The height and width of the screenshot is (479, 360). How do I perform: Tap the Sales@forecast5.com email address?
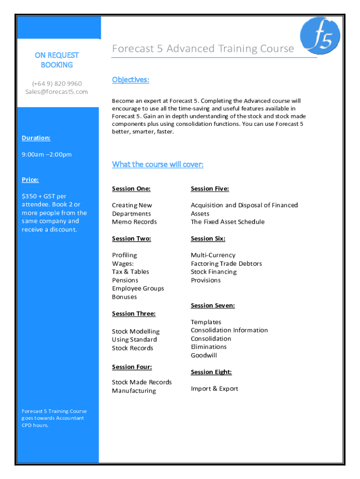tap(57, 92)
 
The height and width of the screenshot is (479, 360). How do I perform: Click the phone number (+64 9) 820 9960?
tap(57, 83)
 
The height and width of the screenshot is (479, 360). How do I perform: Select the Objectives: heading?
tap(130, 80)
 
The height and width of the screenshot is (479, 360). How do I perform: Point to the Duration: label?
tap(36, 138)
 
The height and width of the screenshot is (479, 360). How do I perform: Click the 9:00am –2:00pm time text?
tap(47, 154)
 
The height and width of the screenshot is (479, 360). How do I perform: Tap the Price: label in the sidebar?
tap(30, 180)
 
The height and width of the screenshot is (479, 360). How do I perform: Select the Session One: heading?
tap(131, 189)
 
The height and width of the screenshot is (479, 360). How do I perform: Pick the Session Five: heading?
tap(210, 189)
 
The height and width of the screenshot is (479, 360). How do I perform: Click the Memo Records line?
tap(134, 222)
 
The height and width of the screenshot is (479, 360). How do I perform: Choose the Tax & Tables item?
tap(130, 272)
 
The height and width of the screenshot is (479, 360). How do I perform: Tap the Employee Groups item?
tap(138, 289)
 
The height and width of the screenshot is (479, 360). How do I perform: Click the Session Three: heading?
tap(134, 313)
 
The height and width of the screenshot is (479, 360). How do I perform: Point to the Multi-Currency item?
tap(213, 255)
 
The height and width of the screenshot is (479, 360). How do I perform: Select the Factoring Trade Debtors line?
tap(226, 263)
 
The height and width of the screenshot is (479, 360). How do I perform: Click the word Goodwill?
tap(204, 355)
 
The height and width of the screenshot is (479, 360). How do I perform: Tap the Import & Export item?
tap(215, 389)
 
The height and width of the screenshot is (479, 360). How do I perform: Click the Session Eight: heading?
tap(211, 372)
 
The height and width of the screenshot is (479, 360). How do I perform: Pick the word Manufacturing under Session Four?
tap(134, 391)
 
